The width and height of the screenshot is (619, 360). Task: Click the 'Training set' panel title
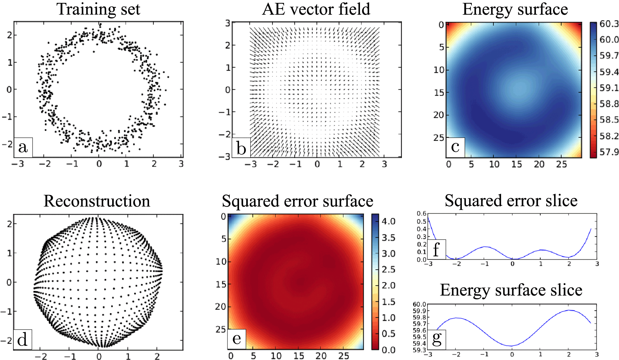98,9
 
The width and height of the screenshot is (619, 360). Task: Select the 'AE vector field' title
316,9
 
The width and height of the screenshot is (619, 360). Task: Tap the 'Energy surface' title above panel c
515,9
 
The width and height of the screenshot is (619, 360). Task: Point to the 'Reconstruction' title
97,201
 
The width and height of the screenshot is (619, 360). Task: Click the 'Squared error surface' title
297,201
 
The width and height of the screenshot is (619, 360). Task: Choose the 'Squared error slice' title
511,201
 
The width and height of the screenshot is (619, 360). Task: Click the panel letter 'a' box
23,147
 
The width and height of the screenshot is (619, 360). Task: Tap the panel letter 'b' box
241,147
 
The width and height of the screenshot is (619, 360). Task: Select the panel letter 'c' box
455,147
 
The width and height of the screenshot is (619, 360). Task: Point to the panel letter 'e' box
237,339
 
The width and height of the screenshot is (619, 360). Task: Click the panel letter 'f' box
436,249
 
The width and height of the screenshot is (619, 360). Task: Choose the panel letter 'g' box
436,339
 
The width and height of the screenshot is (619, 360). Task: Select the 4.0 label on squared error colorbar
388,222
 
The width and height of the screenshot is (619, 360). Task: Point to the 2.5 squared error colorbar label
388,269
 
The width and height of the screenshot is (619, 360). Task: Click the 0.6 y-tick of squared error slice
422,214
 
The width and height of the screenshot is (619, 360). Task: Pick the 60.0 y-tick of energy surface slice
419,304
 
